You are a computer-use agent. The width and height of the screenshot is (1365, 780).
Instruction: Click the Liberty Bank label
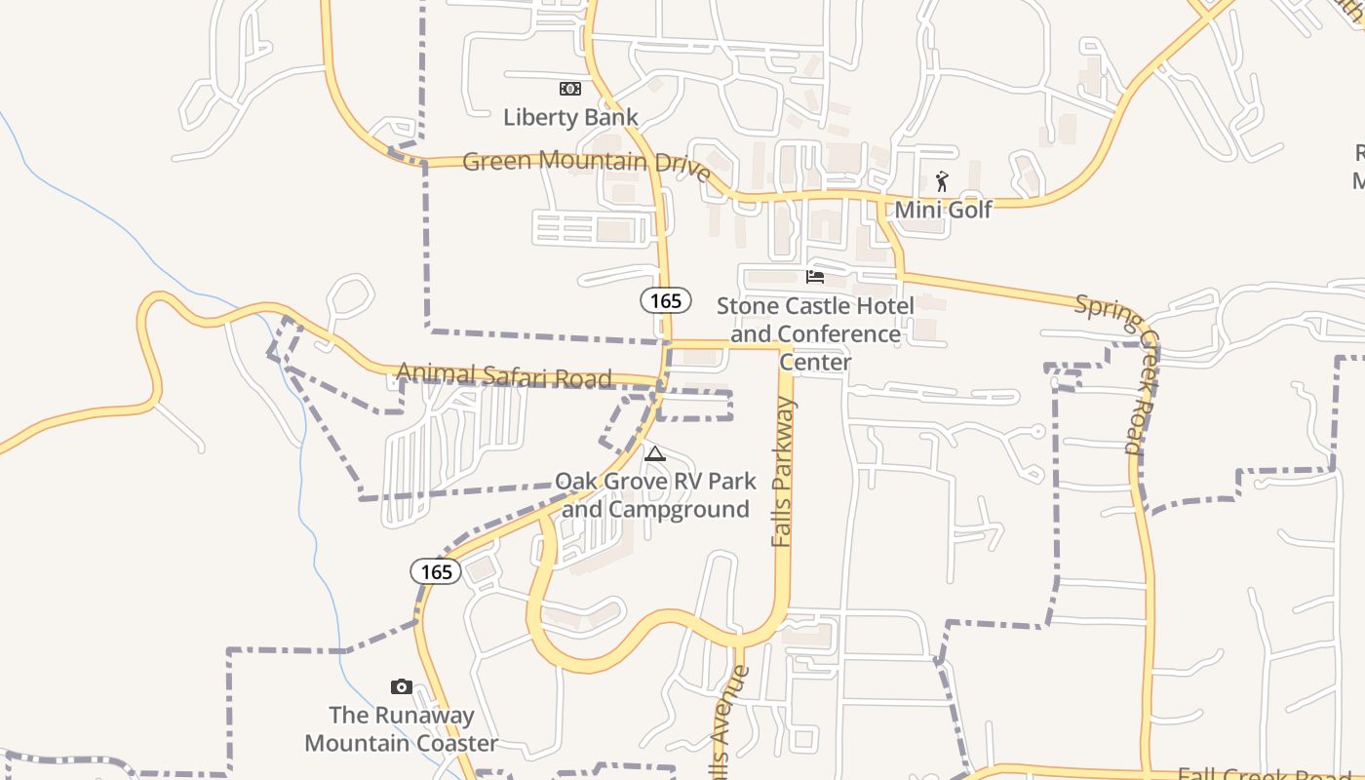(570, 118)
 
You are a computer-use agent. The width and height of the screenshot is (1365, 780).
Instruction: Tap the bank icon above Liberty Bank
(570, 89)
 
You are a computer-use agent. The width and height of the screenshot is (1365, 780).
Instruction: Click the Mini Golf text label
(943, 210)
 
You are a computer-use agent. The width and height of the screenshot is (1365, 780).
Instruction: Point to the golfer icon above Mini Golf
(942, 181)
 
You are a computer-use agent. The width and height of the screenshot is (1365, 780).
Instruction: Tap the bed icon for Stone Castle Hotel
(815, 276)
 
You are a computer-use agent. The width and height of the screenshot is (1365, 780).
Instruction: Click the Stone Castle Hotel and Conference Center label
(815, 333)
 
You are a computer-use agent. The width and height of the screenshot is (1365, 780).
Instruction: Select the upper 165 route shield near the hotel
(666, 300)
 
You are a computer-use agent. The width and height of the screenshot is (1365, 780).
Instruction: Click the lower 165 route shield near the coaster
(436, 571)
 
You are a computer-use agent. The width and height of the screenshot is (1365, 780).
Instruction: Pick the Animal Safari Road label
(504, 374)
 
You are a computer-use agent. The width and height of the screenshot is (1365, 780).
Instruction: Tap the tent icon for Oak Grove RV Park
(655, 453)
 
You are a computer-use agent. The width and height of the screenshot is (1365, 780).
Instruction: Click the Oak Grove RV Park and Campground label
(655, 495)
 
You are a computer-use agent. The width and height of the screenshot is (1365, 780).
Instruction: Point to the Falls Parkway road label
(783, 472)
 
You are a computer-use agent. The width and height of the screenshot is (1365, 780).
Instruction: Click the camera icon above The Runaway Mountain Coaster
(401, 686)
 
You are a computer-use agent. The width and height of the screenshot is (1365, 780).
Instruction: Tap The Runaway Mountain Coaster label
(401, 729)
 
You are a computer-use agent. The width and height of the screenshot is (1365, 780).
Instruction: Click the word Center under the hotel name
(815, 363)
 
